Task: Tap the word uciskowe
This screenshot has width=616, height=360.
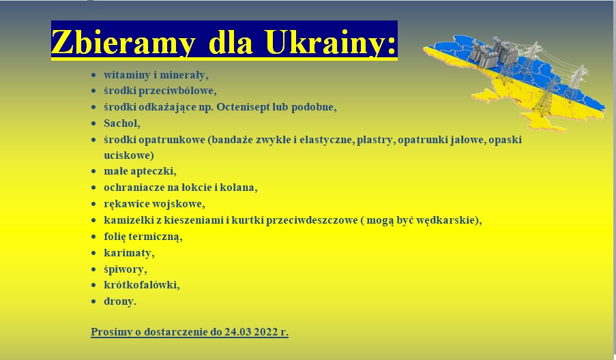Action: tap(127, 155)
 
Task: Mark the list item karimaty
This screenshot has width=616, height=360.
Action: tap(129, 253)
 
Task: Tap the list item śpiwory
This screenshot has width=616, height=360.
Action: tap(125, 269)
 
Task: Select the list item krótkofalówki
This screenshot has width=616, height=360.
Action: tap(141, 285)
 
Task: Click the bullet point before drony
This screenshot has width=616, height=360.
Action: tap(93, 301)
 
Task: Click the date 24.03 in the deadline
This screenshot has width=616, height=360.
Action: tap(237, 332)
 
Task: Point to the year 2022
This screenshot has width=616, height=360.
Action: tap(266, 332)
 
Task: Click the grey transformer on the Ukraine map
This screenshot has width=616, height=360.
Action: tap(494, 51)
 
